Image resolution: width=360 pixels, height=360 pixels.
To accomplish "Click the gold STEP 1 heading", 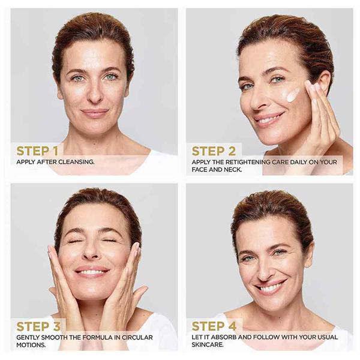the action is pyautogui.click(x=37, y=151).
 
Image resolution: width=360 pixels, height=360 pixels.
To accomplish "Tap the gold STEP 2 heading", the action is pyautogui.click(x=214, y=151).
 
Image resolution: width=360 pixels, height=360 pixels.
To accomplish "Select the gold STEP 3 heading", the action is pyautogui.click(x=38, y=326).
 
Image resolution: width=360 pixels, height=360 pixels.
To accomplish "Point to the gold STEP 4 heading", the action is pyautogui.click(x=214, y=326).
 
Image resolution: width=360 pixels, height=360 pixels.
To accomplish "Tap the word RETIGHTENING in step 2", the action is pyautogui.click(x=248, y=162).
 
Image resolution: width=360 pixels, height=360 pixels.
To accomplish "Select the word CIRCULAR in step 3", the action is pyautogui.click(x=137, y=337).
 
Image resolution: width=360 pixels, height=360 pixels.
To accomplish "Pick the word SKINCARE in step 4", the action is pyautogui.click(x=208, y=344).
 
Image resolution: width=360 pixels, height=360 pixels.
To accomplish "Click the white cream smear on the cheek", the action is pyautogui.click(x=292, y=94).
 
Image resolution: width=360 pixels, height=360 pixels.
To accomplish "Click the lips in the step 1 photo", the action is pyautogui.click(x=94, y=113).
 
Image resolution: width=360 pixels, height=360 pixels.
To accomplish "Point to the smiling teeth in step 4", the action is pyautogui.click(x=272, y=287).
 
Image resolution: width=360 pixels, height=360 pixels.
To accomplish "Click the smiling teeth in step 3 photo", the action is pyautogui.click(x=92, y=272).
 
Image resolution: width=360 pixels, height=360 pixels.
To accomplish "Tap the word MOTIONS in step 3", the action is pyautogui.click(x=31, y=345).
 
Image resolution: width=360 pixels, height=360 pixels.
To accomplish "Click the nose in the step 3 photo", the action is pyautogui.click(x=91, y=250).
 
